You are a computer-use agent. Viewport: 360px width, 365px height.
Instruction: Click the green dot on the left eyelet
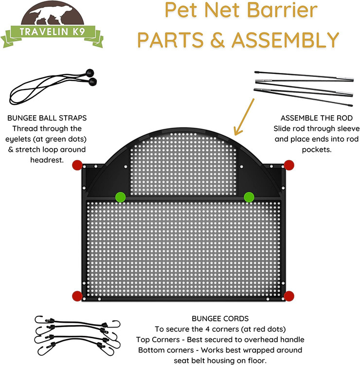pos(120,197)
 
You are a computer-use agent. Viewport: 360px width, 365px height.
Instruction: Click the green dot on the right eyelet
pos(249,197)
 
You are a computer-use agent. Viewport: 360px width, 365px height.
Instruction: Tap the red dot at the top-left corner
pos(77,165)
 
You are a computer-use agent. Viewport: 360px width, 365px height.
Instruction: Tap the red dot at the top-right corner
pos(289,165)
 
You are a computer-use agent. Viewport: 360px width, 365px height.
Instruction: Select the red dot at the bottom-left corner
pos(77,296)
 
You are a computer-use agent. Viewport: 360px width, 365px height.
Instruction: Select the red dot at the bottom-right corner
pos(289,296)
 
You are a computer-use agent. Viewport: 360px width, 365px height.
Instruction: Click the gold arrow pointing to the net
pos(244,117)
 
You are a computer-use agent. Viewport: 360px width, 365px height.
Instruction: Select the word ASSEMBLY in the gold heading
pos(285,40)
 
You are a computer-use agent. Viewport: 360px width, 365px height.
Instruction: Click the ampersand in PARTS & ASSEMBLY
pos(217,40)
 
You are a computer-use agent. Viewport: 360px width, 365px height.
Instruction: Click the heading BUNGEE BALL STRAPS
pos(47,118)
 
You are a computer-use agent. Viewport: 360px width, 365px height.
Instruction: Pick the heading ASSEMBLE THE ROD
pos(317,118)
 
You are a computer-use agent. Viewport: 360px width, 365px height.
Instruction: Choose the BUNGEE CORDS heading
pos(220,318)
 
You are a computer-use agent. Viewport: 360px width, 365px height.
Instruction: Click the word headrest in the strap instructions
pos(47,160)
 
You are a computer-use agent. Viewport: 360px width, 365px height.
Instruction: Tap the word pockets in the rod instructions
pos(317,149)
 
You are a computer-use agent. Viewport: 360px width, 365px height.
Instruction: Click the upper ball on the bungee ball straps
pos(90,73)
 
